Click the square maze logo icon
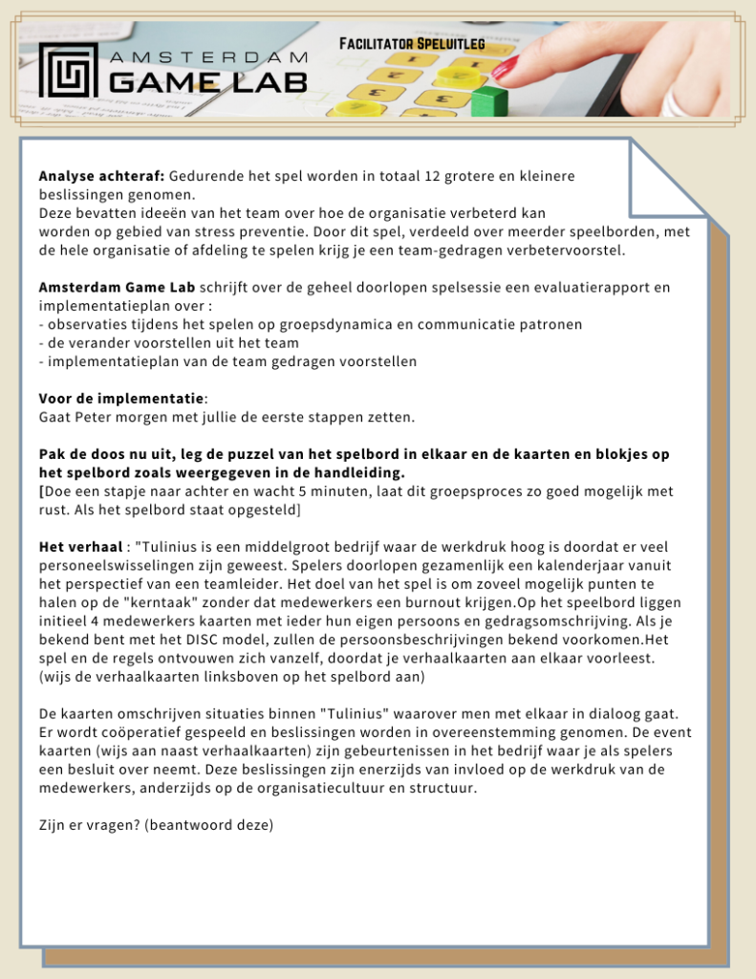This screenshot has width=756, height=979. pyautogui.click(x=69, y=70)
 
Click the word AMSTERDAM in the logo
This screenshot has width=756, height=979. pyautogui.click(x=208, y=58)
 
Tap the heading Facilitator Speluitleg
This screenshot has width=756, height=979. pyautogui.click(x=412, y=44)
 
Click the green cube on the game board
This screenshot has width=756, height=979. pyautogui.click(x=488, y=99)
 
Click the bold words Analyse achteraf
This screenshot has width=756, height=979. pyautogui.click(x=102, y=177)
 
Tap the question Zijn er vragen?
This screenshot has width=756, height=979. pyautogui.click(x=89, y=824)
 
